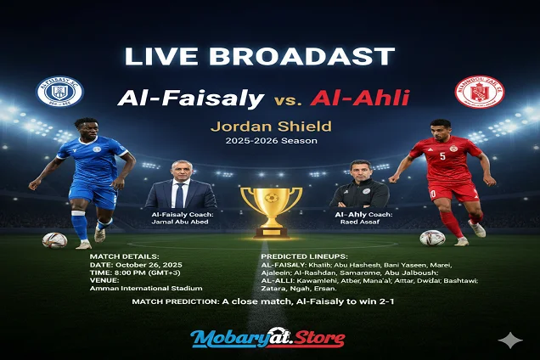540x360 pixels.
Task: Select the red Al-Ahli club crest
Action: tap(479, 92)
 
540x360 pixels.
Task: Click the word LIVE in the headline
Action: tap(161, 57)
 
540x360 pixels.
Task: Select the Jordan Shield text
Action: tap(269, 128)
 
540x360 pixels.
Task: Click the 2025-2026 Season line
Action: tap(269, 142)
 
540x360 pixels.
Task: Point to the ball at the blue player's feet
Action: tap(55, 240)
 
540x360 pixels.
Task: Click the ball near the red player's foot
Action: tap(432, 238)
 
